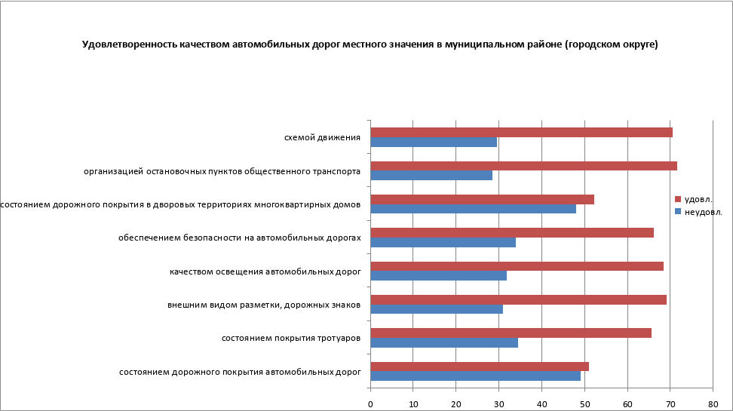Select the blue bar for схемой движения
coord(434,142)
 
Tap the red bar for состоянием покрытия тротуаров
coord(511,333)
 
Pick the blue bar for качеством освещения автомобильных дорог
coord(438,275)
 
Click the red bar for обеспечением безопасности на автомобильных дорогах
coord(512,232)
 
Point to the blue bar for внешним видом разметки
coord(437,308)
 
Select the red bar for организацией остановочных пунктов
coord(523,166)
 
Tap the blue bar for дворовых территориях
coord(473,209)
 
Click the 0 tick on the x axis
coord(370,404)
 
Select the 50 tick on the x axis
coord(584,404)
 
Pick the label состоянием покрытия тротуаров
coord(290,338)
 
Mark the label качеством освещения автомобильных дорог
coord(265,271)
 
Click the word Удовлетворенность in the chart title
coord(129,44)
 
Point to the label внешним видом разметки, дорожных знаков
coord(263,305)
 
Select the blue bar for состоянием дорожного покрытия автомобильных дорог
coord(475,376)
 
